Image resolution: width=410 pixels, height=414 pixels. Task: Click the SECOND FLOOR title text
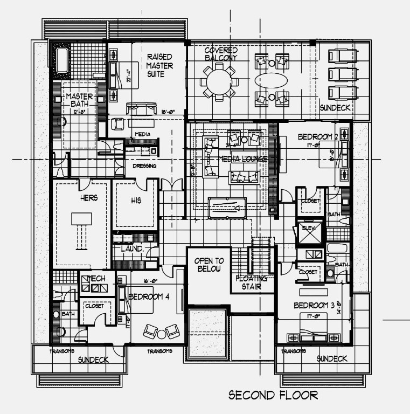(273, 395)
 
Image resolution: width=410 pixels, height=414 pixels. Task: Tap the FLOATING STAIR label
(251, 283)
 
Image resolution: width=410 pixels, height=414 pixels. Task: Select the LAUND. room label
(131, 249)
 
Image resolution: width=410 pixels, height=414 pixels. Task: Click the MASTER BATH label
(80, 101)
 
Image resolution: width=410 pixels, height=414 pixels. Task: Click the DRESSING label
(144, 166)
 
